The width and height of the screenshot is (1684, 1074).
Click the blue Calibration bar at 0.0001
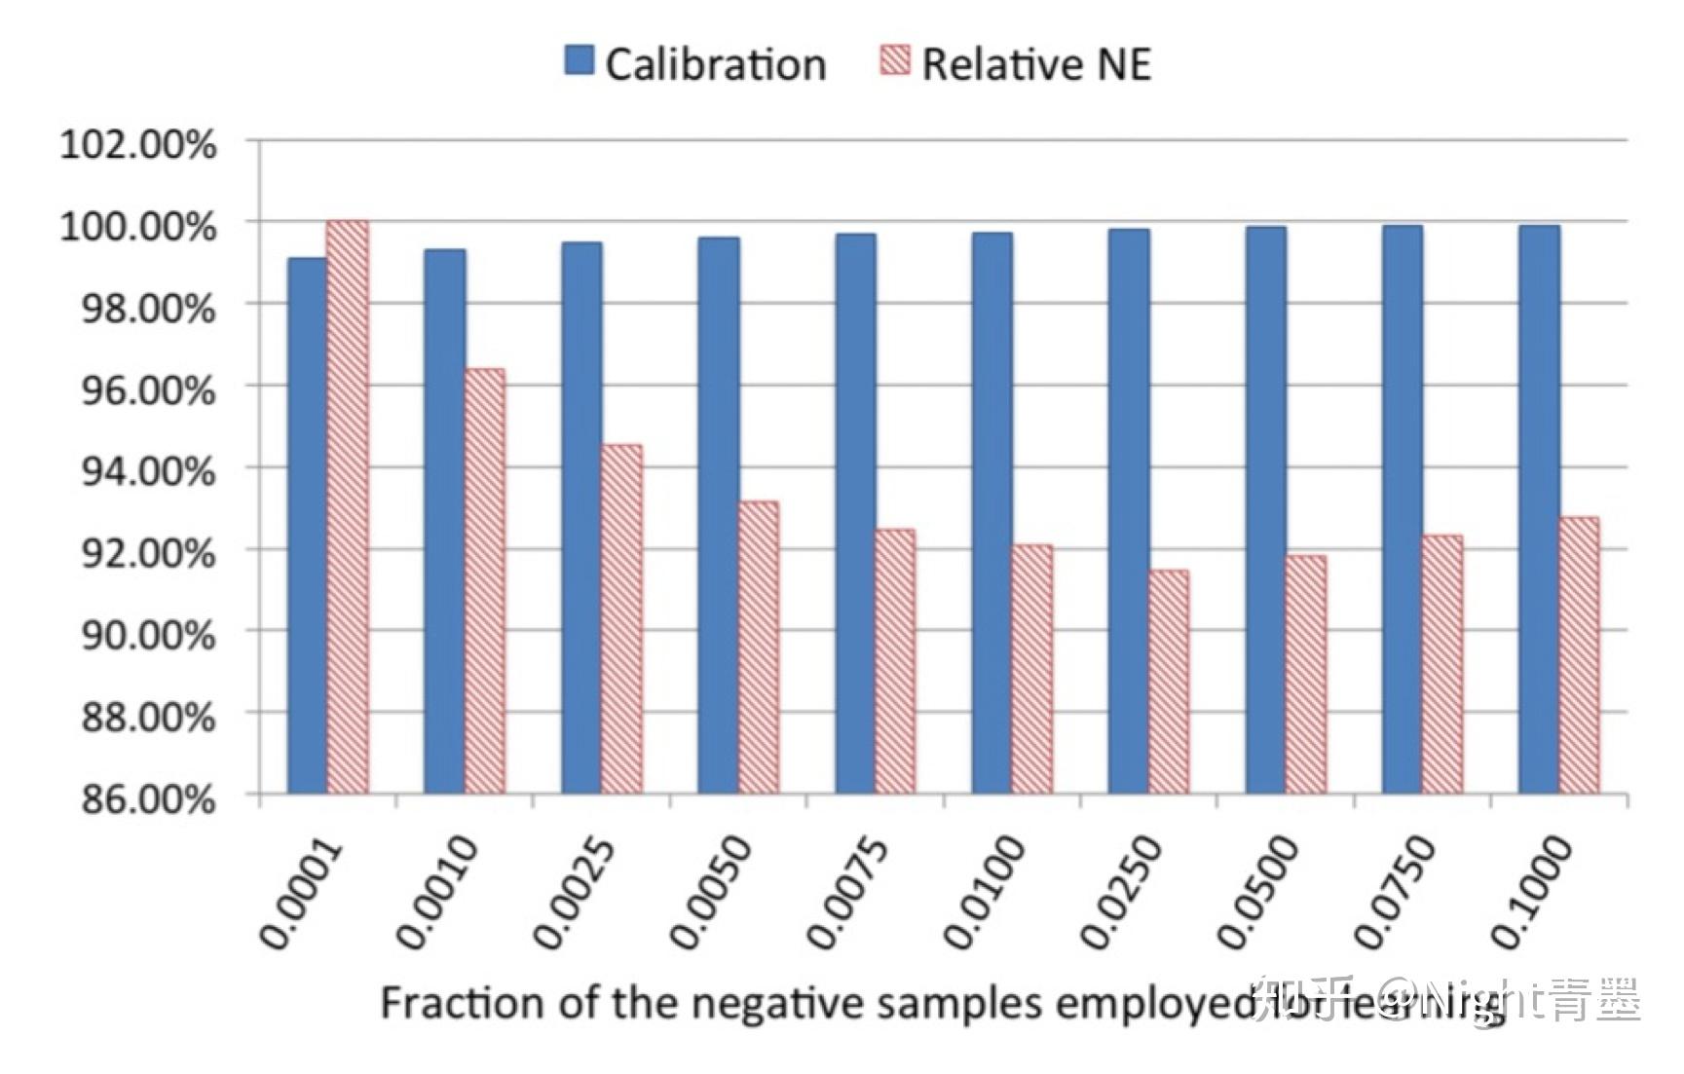[308, 526]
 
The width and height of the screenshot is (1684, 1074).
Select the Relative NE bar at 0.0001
[348, 506]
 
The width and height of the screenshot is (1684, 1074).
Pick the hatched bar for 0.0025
[621, 619]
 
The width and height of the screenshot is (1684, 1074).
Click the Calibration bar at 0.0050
[719, 515]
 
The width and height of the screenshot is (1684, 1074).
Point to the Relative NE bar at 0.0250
[1169, 682]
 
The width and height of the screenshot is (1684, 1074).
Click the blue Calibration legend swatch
[579, 60]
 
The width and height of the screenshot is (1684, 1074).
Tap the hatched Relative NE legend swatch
[895, 60]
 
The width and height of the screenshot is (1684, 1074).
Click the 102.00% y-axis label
[138, 144]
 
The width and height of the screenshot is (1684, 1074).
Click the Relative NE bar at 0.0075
[895, 661]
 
